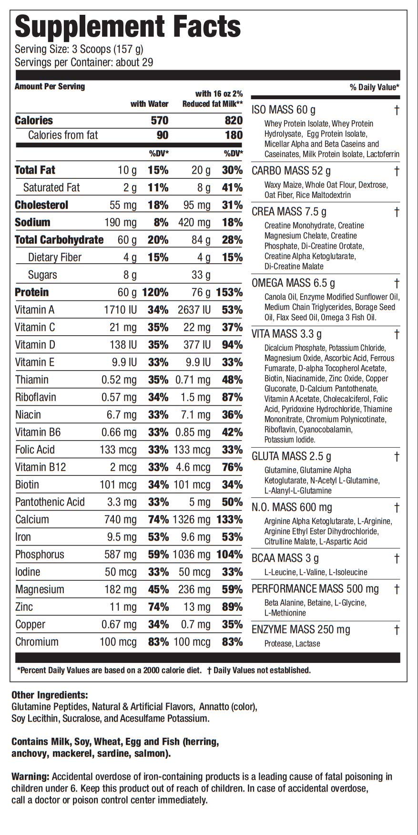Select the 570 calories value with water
(x=159, y=121)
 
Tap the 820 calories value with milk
(x=234, y=121)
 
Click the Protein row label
(x=32, y=292)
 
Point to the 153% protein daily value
(x=229, y=292)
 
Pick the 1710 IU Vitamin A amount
(x=120, y=310)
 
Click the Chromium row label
(x=37, y=642)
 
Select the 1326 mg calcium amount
(x=193, y=519)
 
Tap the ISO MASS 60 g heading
(x=283, y=110)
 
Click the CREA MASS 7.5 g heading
(x=290, y=211)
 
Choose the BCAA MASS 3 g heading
(x=285, y=558)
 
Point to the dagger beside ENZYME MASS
(x=396, y=630)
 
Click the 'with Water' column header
(x=150, y=104)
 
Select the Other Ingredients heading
(x=50, y=695)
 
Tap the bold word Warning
(x=30, y=776)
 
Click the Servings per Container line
(x=84, y=62)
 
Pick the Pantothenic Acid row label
(x=50, y=502)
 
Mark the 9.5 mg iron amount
(x=122, y=537)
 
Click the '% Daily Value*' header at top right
(x=374, y=87)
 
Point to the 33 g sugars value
(x=201, y=275)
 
